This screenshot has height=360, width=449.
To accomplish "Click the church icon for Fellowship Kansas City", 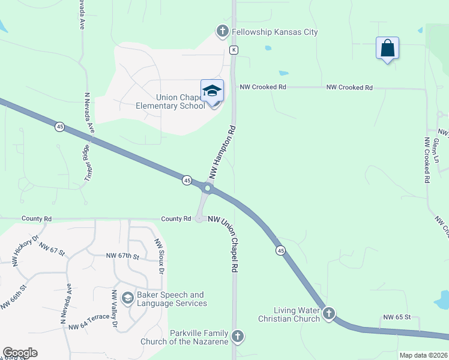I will tap(222, 31).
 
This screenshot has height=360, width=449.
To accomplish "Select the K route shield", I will tap(234, 49).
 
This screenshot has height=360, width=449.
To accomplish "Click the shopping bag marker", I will tap(388, 48).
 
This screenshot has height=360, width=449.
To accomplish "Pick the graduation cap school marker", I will tap(212, 91).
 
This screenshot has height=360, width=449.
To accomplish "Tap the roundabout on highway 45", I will tap(207, 188).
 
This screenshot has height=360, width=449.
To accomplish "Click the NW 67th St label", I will tap(122, 256).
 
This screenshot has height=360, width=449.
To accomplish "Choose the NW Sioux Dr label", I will tap(159, 256).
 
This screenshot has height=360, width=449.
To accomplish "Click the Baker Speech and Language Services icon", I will tap(127, 298).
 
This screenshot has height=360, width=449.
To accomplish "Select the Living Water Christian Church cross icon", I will tap(328, 313).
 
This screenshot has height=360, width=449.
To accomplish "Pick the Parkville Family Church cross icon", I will tap(238, 336).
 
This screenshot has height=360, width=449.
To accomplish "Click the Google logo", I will tap(20, 353).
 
